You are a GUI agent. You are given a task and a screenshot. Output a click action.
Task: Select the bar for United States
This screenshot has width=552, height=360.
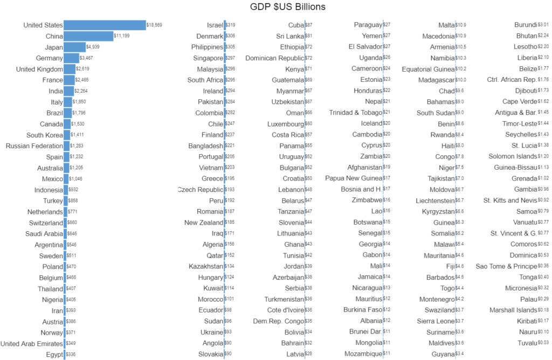[105, 25]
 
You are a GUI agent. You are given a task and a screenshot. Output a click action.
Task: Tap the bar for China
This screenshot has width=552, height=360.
[88, 36]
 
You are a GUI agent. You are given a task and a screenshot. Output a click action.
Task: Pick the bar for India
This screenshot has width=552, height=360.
[68, 91]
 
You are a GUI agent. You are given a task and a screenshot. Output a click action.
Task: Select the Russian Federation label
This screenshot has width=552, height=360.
[34, 146]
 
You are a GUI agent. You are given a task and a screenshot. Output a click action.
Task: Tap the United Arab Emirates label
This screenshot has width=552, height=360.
[32, 343]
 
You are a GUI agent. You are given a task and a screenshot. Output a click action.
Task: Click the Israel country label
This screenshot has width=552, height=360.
[215, 25]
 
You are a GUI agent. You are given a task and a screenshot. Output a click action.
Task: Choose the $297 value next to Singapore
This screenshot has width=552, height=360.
[230, 58]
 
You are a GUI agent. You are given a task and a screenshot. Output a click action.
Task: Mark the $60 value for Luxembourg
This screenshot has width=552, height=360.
[308, 124]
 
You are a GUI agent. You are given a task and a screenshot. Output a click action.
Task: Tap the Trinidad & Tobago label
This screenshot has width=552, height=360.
[355, 113]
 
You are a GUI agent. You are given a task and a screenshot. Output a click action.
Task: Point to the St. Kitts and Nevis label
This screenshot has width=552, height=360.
[510, 200]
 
